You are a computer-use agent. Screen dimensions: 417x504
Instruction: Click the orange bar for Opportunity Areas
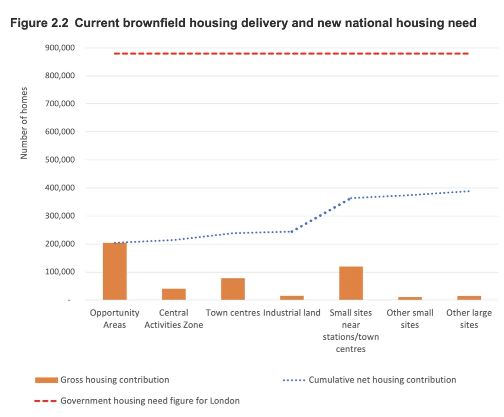point(115,271)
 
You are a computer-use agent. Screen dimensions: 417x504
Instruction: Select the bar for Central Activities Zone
point(174,294)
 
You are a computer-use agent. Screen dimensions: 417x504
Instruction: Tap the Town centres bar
point(233,289)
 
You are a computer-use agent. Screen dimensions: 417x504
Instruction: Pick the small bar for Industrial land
point(292,297)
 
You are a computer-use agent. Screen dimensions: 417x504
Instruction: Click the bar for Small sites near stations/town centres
point(351,283)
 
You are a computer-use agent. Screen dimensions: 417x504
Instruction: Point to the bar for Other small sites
point(410,298)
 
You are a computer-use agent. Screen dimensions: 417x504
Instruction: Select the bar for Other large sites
point(469,297)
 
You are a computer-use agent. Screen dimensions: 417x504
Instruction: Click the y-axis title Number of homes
point(24,123)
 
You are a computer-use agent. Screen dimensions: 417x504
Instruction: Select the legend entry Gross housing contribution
point(114,380)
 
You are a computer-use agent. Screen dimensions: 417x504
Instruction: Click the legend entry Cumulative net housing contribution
point(382,380)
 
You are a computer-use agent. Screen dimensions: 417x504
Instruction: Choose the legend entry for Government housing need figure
point(149,401)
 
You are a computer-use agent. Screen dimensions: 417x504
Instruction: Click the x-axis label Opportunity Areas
point(115,319)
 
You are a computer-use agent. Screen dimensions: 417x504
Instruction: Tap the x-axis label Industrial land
point(292,313)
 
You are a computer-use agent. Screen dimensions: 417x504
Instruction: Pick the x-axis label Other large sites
point(469,319)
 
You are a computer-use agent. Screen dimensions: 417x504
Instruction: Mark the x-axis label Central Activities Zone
point(174,319)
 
